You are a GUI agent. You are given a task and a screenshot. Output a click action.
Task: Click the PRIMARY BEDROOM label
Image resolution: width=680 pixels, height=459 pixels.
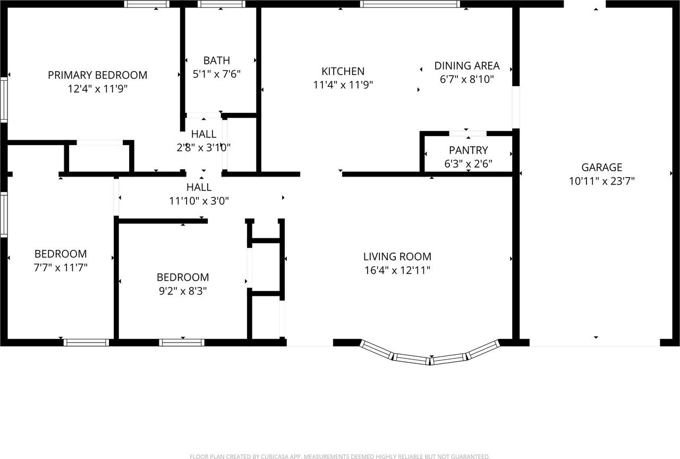tap(97, 75)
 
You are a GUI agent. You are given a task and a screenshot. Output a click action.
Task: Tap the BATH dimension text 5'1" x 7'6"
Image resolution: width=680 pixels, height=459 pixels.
tap(217, 74)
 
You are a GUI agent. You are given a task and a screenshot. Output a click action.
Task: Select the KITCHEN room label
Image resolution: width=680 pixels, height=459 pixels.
tap(343, 71)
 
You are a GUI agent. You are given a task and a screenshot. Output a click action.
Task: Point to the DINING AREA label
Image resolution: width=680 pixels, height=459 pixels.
tap(466, 66)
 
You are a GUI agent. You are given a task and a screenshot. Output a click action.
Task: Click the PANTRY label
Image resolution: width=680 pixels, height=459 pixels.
tap(468, 151)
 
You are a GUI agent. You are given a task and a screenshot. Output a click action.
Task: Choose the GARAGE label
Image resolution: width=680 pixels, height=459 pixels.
tap(601, 168)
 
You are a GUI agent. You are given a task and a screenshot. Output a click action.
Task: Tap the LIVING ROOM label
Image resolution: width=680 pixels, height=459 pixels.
tap(397, 256)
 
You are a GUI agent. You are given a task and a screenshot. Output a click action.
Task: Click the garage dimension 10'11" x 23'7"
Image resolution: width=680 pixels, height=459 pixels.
tap(601, 181)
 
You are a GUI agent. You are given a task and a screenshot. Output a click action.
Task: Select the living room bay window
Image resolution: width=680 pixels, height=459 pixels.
tap(430, 355)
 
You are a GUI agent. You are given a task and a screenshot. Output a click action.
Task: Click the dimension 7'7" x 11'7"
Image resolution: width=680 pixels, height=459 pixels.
tap(60, 268)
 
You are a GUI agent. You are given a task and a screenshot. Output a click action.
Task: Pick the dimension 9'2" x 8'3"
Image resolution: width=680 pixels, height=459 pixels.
tap(182, 291)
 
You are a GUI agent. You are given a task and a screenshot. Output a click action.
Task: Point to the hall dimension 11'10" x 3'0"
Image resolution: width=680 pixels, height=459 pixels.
tap(199, 201)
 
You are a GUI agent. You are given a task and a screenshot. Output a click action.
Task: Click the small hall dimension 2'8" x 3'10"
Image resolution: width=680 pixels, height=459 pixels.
tap(203, 147)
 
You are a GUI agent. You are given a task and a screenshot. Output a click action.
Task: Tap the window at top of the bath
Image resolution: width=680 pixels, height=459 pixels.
tap(222, 4)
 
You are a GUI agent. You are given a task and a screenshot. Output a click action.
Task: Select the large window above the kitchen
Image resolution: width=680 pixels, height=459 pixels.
tap(410, 4)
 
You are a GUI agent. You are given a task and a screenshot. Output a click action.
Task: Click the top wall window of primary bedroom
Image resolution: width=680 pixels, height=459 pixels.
tap(147, 4)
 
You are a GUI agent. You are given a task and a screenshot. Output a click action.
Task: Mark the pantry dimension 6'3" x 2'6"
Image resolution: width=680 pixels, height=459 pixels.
tap(468, 164)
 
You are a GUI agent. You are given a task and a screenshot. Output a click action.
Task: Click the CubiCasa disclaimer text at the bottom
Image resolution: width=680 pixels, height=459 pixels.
tap(339, 456)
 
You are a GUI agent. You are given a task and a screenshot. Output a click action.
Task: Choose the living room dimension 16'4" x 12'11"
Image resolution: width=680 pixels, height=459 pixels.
tap(397, 270)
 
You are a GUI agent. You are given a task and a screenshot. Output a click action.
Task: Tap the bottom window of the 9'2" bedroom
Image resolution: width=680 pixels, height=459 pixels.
tap(182, 343)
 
